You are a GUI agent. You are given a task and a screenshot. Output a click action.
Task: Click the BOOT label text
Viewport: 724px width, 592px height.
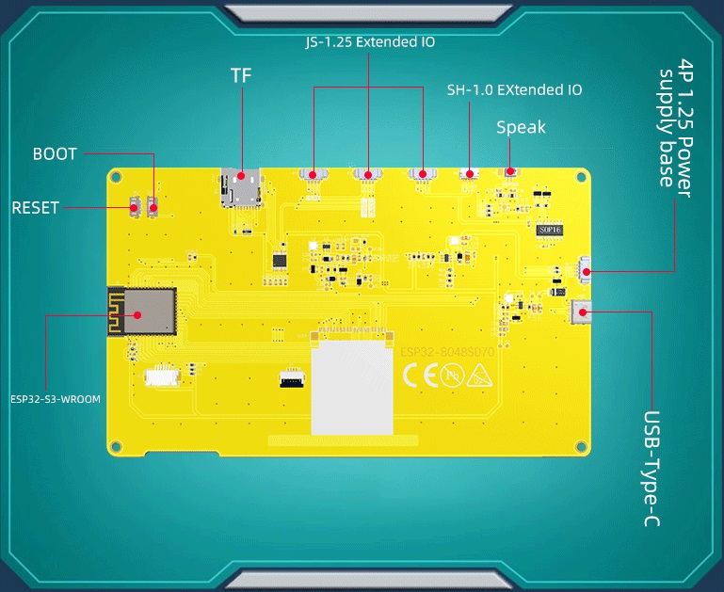click(55, 153)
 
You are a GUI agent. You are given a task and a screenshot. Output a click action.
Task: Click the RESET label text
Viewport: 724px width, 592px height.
click(35, 207)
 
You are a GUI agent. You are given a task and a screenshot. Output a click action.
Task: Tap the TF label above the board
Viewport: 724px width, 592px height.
click(241, 75)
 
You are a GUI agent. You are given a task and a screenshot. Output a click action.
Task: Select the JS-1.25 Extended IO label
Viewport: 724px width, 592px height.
click(370, 41)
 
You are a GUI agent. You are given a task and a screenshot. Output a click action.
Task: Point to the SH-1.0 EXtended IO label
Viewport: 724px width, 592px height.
click(514, 90)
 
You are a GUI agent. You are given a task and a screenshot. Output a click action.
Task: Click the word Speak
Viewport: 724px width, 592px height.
click(521, 127)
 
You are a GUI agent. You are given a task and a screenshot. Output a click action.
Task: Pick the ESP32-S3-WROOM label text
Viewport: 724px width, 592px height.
click(56, 398)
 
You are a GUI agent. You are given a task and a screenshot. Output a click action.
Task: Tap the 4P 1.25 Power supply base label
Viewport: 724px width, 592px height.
click(675, 124)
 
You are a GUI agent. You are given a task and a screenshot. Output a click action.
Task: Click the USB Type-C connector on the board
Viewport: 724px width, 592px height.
click(582, 311)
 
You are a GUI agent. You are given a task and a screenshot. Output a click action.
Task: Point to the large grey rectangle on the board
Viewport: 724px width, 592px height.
click(351, 387)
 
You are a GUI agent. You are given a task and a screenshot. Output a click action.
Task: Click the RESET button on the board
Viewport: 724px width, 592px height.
click(135, 205)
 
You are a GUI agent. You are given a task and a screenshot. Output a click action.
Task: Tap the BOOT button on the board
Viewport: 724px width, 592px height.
click(153, 205)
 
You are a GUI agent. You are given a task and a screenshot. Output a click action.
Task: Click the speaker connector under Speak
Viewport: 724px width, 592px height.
click(509, 172)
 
